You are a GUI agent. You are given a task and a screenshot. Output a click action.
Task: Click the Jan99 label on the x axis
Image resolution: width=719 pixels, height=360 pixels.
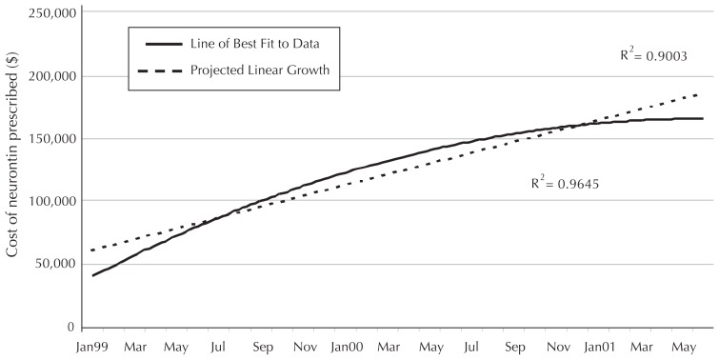pyautogui.click(x=92, y=349)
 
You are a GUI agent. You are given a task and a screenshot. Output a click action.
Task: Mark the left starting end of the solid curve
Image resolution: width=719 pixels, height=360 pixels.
pyautogui.click(x=93, y=276)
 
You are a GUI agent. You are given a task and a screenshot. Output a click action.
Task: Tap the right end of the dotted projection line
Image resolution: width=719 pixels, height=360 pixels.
pyautogui.click(x=702, y=93)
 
